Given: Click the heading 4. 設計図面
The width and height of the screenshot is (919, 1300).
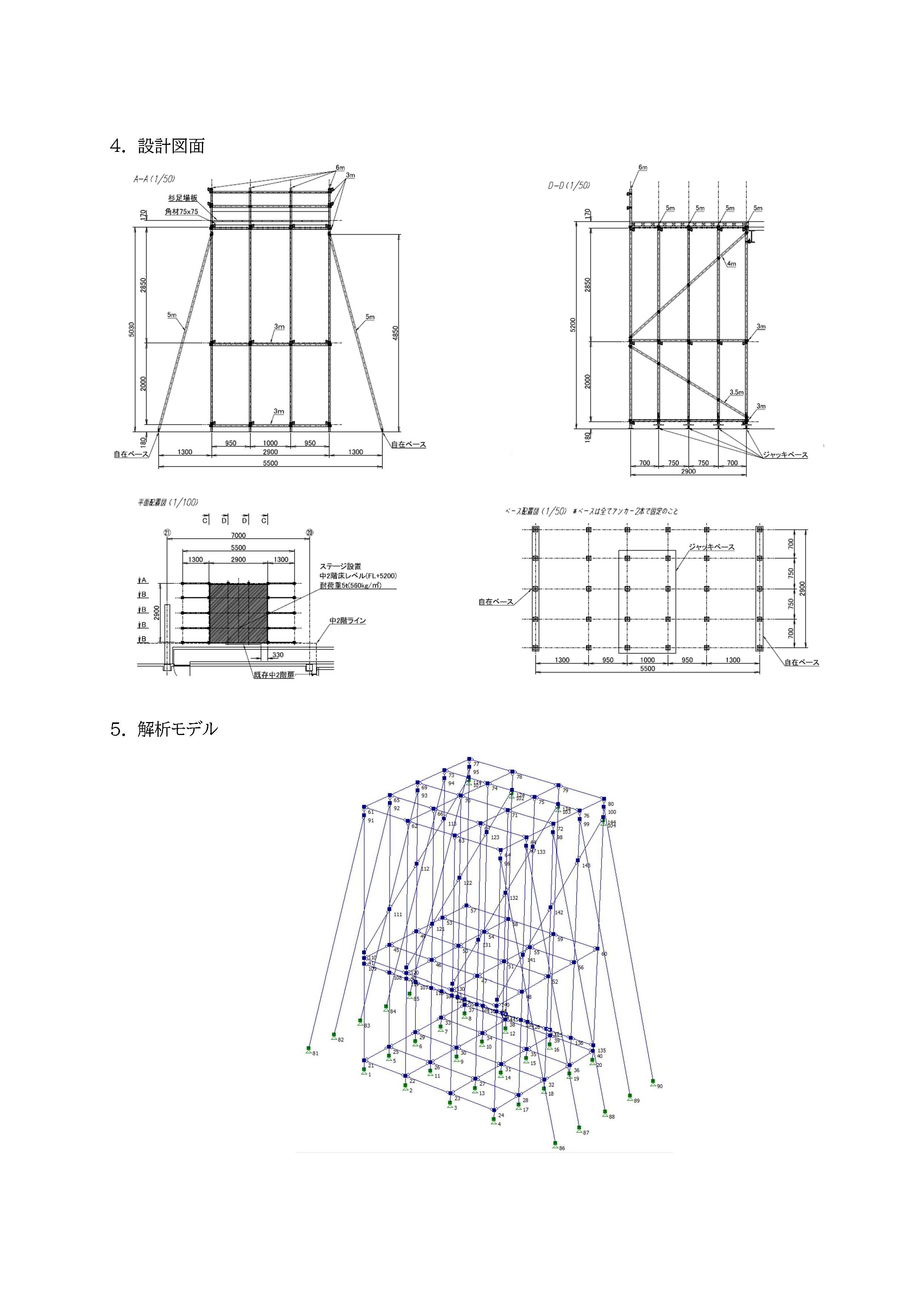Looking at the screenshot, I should tap(157, 146).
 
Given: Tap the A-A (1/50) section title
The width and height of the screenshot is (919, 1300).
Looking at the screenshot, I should tap(154, 179).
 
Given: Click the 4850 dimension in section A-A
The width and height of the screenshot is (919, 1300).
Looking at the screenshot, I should tap(396, 333).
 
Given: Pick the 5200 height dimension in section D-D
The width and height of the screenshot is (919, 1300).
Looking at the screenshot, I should tap(573, 325).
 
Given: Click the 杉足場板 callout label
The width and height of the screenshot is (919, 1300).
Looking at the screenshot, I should tap(182, 197).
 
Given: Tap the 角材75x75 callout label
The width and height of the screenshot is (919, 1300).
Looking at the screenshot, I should tap(181, 212).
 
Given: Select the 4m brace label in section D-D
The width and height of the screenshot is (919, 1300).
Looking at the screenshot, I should tap(731, 263).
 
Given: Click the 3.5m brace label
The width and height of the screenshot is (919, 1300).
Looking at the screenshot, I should tap(736, 392).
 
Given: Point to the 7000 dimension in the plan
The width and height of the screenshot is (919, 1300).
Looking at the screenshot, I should tap(238, 535).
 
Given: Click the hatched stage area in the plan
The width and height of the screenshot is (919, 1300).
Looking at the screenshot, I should tap(238, 613).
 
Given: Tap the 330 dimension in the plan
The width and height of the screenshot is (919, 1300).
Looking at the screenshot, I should tap(278, 655).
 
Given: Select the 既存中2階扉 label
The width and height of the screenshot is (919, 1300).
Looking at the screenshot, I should tap(274, 675).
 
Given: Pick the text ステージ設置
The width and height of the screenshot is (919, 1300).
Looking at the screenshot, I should tap(340, 566).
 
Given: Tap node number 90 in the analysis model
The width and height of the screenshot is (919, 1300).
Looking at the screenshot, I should tap(660, 1086).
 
